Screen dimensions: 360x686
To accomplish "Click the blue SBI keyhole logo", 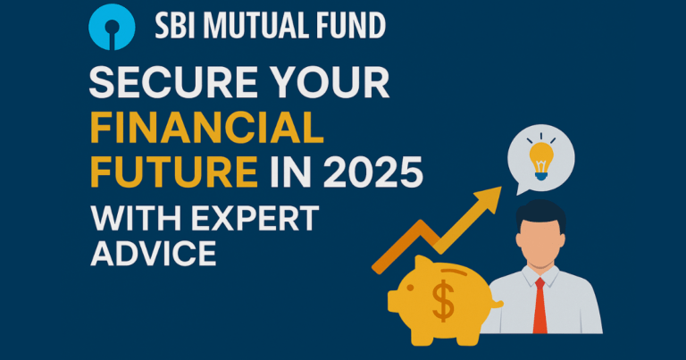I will coord(112,26).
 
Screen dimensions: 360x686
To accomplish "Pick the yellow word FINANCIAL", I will coord(206,130).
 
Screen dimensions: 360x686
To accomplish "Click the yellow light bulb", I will coord(542,159).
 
